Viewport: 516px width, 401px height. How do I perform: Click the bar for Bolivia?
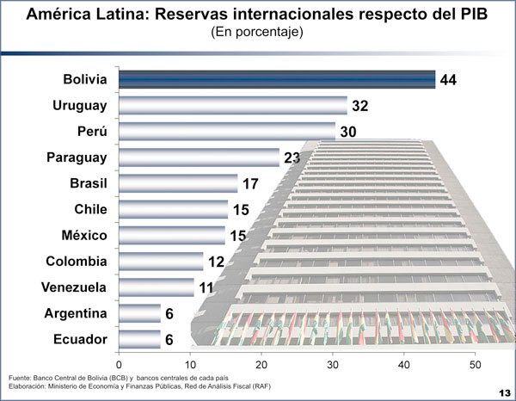(x=275, y=80)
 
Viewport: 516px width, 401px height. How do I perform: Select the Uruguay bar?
(x=232, y=106)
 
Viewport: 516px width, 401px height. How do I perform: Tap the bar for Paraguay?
(x=199, y=157)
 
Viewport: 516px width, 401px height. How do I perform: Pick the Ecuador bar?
(x=138, y=339)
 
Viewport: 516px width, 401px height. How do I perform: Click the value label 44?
(x=447, y=80)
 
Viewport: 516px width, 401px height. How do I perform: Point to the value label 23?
(x=292, y=157)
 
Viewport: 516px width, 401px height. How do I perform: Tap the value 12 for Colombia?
(x=214, y=261)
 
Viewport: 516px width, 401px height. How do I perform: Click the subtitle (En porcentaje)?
(x=258, y=32)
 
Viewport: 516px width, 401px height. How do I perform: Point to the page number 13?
(x=502, y=392)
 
